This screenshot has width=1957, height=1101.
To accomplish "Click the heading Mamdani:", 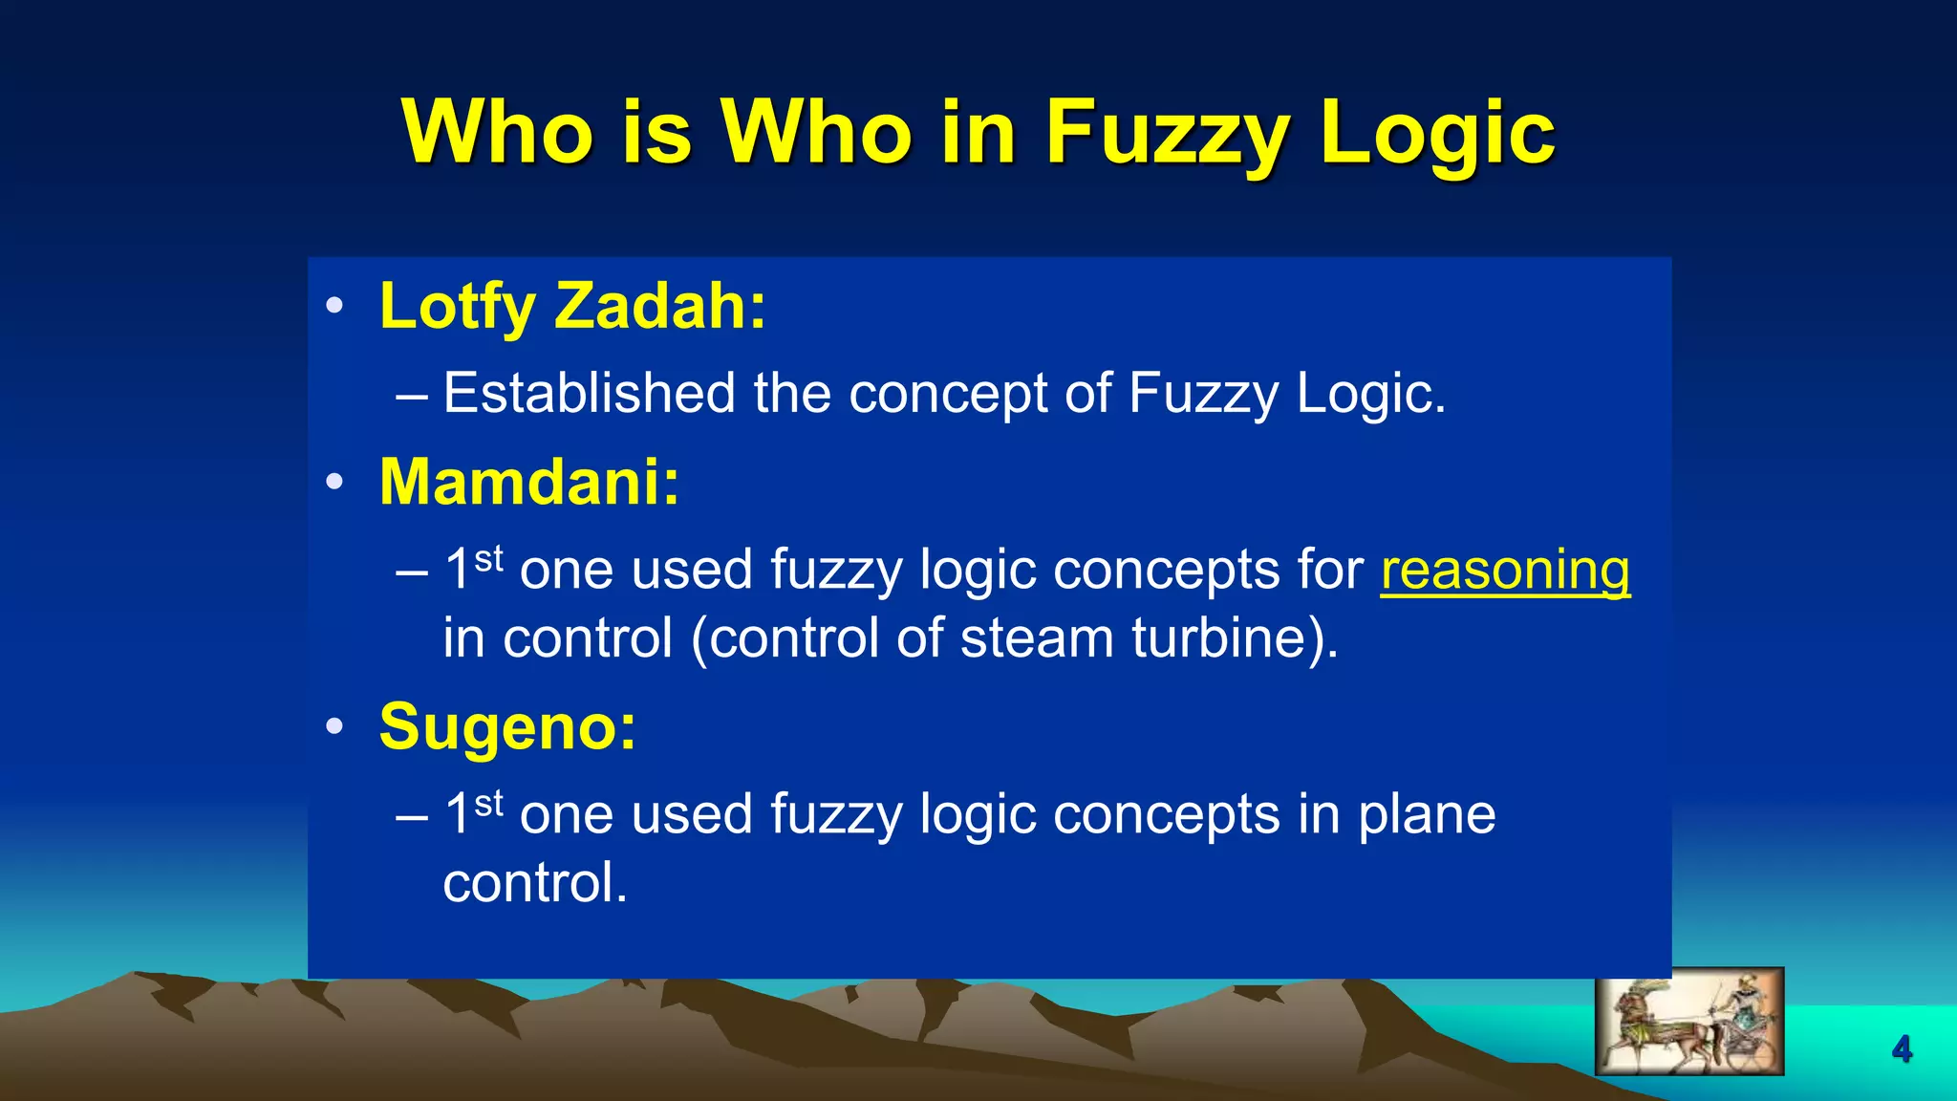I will coord(529,482).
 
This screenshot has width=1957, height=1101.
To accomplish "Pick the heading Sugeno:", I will coord(507,727).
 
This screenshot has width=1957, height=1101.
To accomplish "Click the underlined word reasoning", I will coord(1505,571).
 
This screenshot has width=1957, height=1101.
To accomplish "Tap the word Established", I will coord(589,393).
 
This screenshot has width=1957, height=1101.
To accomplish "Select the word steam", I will coord(1036,637).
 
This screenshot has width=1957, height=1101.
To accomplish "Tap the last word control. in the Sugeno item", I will coord(535,883).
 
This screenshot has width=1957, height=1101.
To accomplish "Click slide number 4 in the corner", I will coord(1902,1049).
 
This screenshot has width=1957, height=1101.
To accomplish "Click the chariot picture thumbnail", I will coord(1688,1021).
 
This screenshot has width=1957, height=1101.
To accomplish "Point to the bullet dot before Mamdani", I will coord(333,483).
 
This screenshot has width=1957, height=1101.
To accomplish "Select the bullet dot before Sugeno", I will coord(333,727).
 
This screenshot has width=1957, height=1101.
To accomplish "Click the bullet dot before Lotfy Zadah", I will coord(333,307).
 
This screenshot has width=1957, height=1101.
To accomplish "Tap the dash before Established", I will coord(412,395).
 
